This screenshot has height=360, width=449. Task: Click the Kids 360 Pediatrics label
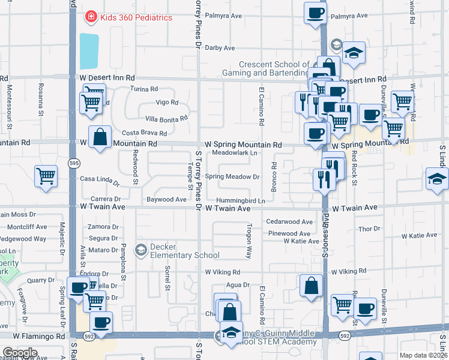tap(136, 17)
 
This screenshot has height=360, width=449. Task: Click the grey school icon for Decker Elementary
tap(142, 250)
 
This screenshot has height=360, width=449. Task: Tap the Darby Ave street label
tap(220, 48)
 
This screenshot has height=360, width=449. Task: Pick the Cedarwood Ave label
tap(290, 222)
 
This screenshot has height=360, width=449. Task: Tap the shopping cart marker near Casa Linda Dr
tap(46, 176)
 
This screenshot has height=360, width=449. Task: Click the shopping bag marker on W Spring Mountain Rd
tap(100, 137)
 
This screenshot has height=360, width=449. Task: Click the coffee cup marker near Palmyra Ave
tap(316, 12)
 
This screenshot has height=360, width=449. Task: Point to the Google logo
tap(20, 353)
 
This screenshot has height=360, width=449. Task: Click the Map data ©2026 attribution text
tap(424, 355)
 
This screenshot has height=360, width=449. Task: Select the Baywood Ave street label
tap(166, 199)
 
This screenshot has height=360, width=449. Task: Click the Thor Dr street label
tap(366, 229)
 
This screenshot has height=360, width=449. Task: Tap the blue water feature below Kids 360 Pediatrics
tap(88, 51)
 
